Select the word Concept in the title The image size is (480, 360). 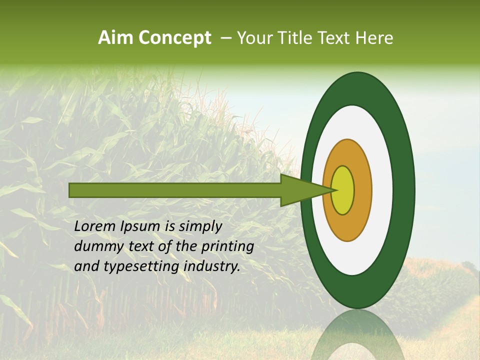coord(174,38)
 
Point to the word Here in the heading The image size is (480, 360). coord(375,38)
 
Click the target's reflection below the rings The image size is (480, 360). coord(357,337)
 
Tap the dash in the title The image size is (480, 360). coord(225,38)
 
